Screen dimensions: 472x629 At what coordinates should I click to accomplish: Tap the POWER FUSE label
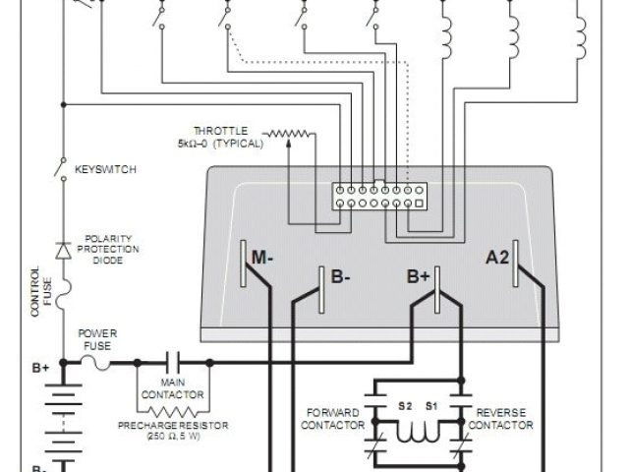(98, 339)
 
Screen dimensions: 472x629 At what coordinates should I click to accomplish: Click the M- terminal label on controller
(262, 258)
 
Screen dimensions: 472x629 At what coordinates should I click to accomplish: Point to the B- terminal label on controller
(341, 278)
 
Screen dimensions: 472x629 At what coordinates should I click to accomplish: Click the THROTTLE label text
(221, 130)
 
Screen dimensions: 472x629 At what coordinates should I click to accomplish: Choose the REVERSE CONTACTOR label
(504, 418)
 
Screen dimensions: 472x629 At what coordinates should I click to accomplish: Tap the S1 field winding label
(430, 404)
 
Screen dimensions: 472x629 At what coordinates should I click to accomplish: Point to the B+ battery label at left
(40, 369)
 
